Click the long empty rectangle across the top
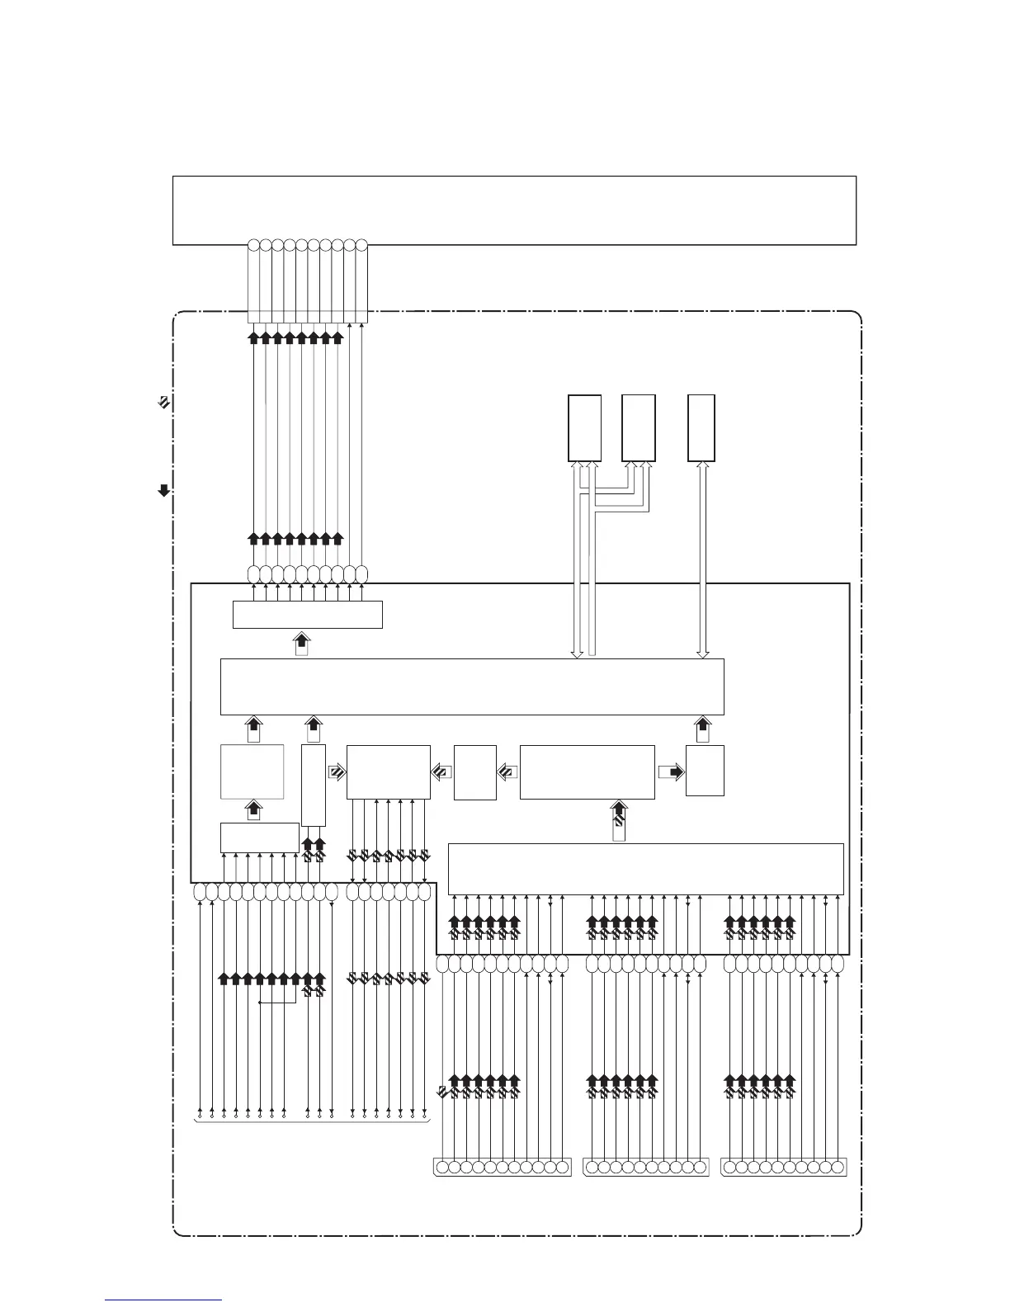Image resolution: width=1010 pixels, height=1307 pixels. (513, 210)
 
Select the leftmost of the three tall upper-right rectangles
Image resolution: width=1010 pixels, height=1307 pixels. (584, 427)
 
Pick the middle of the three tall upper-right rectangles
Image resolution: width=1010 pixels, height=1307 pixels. (639, 427)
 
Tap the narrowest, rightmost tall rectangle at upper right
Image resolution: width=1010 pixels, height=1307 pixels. (701, 427)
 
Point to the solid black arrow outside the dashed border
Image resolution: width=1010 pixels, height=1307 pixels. (163, 491)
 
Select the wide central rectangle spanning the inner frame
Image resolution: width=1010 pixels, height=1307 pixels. (472, 686)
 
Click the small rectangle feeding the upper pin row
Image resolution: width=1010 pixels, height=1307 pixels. (307, 615)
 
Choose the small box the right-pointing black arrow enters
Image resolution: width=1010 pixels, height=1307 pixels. (705, 771)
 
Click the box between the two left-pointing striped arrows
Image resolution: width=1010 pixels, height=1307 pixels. (475, 772)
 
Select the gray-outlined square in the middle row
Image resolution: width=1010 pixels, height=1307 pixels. (252, 771)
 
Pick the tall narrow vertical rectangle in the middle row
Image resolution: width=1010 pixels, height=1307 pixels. (314, 785)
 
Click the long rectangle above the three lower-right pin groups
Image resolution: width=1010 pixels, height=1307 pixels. (645, 868)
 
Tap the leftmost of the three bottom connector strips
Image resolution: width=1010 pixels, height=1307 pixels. (503, 1168)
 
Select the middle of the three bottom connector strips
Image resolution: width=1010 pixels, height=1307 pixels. (645, 1168)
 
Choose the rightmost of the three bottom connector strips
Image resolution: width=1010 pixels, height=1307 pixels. (784, 1168)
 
